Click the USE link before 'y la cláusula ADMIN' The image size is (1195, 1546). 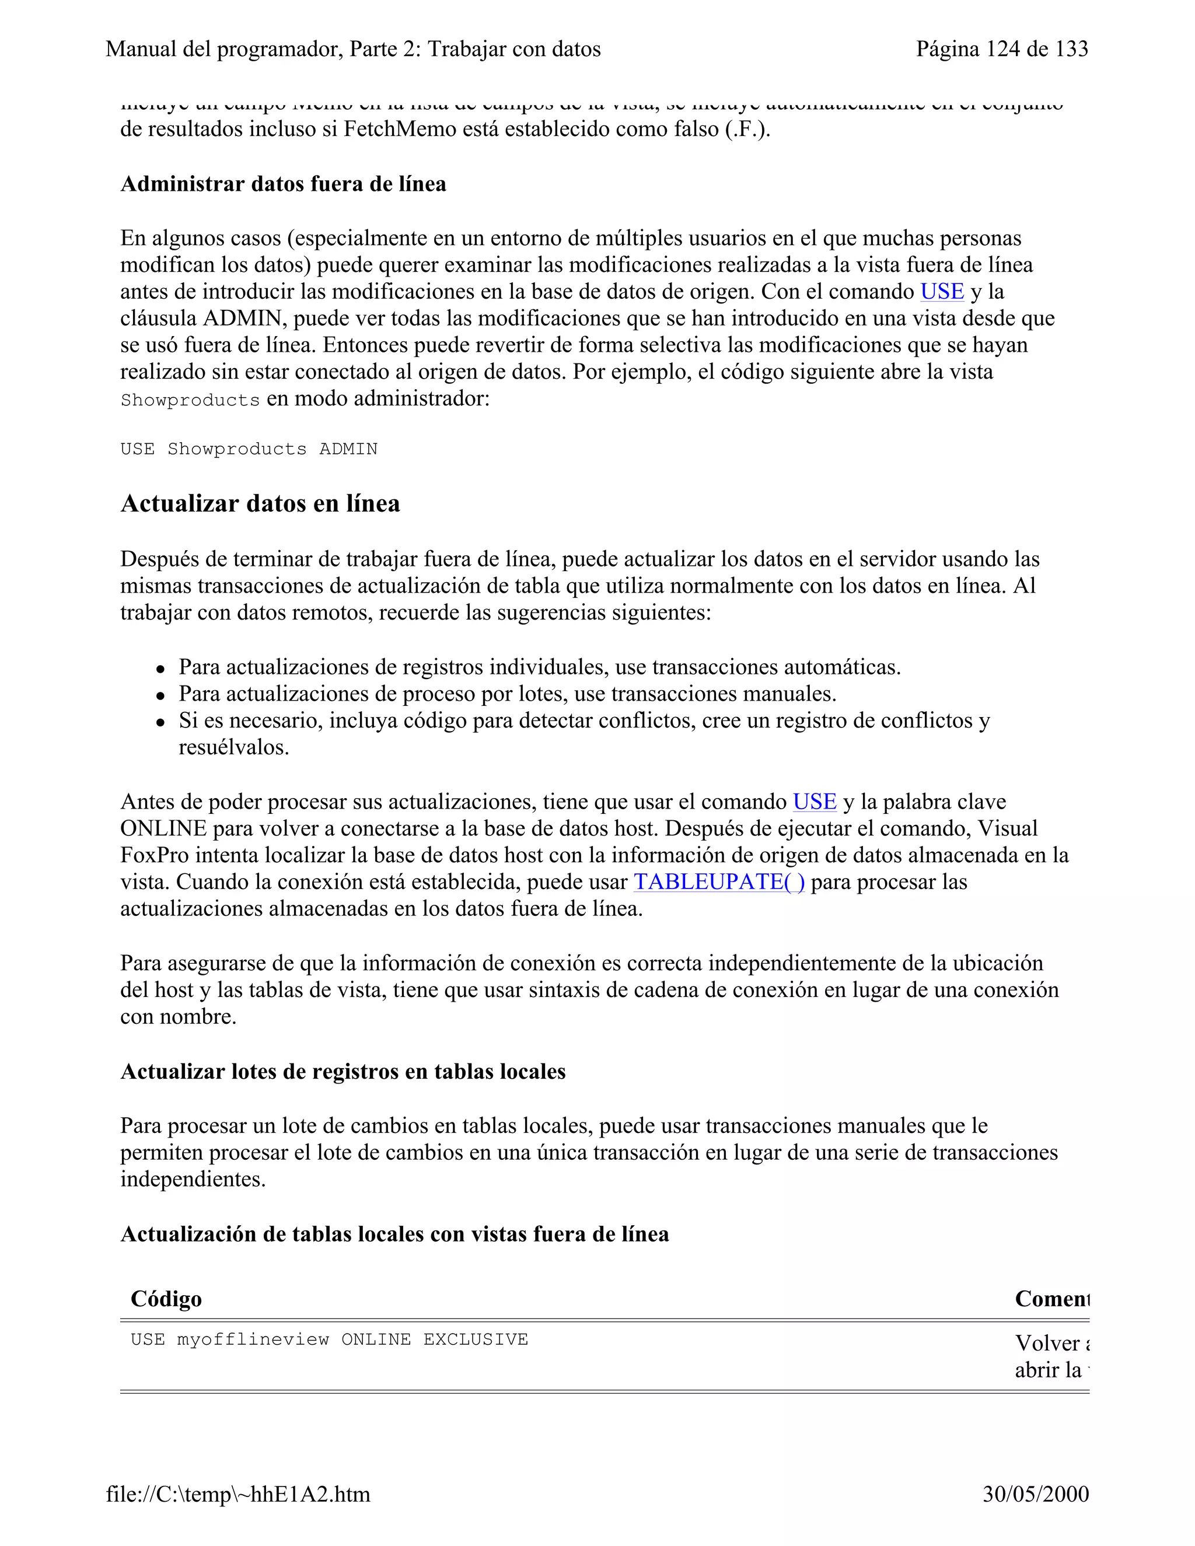[942, 292]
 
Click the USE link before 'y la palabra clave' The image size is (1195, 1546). [814, 802]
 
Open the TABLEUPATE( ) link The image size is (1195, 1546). [718, 882]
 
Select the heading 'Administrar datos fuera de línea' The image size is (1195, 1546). [283, 184]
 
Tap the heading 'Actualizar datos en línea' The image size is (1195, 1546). [260, 503]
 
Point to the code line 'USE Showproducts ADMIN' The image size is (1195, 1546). [249, 449]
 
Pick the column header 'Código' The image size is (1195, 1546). [166, 1299]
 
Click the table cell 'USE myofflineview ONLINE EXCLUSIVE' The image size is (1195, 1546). [329, 1340]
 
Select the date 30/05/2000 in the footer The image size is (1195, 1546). [1035, 1494]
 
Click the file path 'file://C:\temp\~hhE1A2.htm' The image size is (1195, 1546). [238, 1494]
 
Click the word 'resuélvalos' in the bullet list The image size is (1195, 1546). [233, 747]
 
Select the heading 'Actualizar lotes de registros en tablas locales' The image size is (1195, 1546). [343, 1072]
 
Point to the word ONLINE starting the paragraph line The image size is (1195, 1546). [163, 829]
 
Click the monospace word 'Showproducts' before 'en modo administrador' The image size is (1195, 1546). [190, 401]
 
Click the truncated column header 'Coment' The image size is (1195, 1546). [1051, 1299]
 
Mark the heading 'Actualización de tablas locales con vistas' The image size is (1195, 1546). [394, 1234]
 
